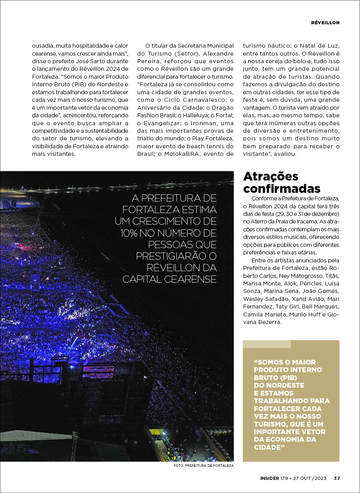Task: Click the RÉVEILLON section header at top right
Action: coord(325,23)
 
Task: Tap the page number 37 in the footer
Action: coord(337,478)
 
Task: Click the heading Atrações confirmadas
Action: coord(282,182)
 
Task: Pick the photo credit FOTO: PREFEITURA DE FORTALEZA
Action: coord(203,466)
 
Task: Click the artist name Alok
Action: coord(301,283)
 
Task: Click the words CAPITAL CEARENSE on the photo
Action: coord(169,279)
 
